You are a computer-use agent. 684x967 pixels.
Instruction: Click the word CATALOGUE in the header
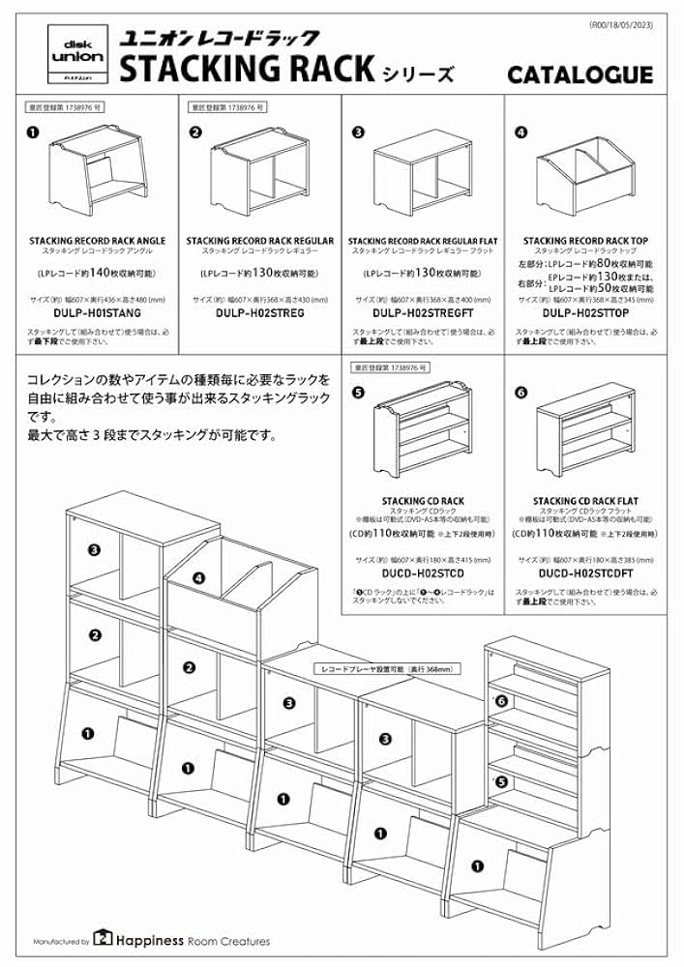593,74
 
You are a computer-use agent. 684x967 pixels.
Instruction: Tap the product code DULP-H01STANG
97,313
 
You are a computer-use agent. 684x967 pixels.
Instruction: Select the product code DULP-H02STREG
259,313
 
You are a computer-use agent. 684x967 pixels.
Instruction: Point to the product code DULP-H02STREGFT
423,313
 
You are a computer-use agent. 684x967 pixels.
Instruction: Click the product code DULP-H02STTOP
584,313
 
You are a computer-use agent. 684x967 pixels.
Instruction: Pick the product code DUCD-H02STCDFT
584,574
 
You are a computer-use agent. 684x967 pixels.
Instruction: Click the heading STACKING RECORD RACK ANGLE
97,241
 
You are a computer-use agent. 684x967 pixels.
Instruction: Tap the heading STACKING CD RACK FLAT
584,501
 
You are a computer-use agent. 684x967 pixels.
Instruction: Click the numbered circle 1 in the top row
34,134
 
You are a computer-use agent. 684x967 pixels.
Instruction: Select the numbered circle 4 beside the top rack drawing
521,134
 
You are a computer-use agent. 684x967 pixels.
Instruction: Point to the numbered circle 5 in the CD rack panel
358,393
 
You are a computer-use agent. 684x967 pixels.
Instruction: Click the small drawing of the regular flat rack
423,179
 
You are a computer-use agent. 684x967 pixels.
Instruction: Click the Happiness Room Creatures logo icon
104,940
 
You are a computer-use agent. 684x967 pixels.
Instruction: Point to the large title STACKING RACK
247,70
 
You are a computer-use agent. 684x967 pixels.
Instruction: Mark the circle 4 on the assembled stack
197,577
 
